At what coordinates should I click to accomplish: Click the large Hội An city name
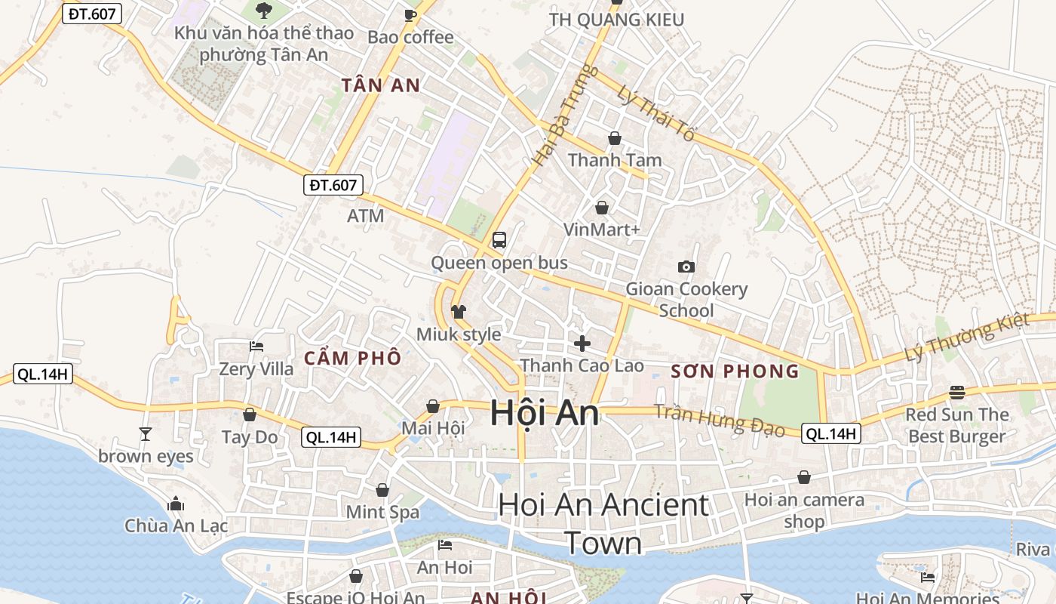point(545,413)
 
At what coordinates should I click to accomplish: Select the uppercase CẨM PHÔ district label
point(352,358)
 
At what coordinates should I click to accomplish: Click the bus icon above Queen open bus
point(499,240)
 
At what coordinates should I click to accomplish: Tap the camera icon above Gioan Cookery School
point(686,267)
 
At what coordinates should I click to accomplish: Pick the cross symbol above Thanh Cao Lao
point(582,344)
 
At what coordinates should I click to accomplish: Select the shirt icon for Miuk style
point(459,311)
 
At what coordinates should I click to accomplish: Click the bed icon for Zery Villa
point(256,347)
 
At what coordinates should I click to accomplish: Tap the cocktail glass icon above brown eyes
point(146,433)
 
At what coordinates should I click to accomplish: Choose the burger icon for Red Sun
point(957,392)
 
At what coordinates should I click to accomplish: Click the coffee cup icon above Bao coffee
point(410,14)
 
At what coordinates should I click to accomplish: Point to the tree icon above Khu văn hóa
point(263,10)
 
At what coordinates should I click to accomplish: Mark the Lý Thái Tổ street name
point(655,113)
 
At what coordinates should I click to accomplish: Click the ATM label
point(366,216)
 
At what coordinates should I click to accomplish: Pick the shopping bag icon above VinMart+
point(602,207)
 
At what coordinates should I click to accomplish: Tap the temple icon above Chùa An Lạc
point(176,504)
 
